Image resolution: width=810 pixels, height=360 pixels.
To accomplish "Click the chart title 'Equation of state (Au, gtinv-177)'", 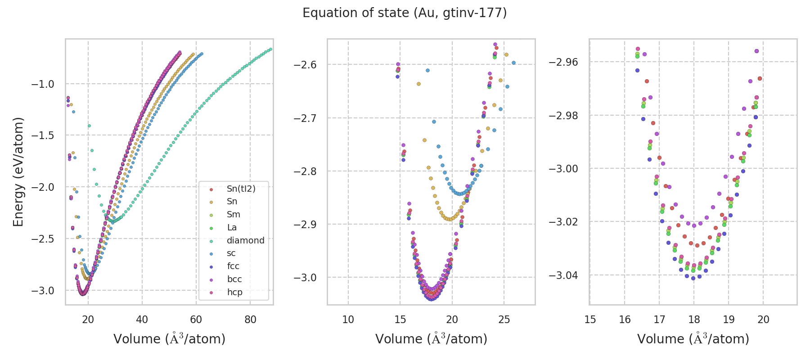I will (405, 13).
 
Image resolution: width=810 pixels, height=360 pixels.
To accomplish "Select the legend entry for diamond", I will (245, 240).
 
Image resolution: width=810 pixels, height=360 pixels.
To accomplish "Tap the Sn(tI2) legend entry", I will (241, 189).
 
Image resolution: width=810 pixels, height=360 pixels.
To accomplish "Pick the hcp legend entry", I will (234, 292).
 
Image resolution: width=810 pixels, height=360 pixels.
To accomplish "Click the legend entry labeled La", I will (232, 228).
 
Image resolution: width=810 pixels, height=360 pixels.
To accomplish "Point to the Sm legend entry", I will (233, 215).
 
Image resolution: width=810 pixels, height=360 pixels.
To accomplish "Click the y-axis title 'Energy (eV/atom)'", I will (18, 171).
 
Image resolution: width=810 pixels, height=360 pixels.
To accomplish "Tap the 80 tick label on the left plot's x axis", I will (250, 319).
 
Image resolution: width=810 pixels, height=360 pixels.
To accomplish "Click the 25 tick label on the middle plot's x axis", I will (504, 319).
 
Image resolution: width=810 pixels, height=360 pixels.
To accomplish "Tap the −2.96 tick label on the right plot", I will (564, 62).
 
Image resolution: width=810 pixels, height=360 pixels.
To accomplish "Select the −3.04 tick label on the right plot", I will (564, 275).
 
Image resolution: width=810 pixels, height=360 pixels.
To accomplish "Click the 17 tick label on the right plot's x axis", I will (659, 319).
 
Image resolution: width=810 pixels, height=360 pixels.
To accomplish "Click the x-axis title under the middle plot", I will (431, 339).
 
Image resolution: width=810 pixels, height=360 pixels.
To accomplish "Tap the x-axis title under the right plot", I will (693, 339).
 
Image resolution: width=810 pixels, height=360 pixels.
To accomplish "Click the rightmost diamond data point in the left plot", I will (270, 49).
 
